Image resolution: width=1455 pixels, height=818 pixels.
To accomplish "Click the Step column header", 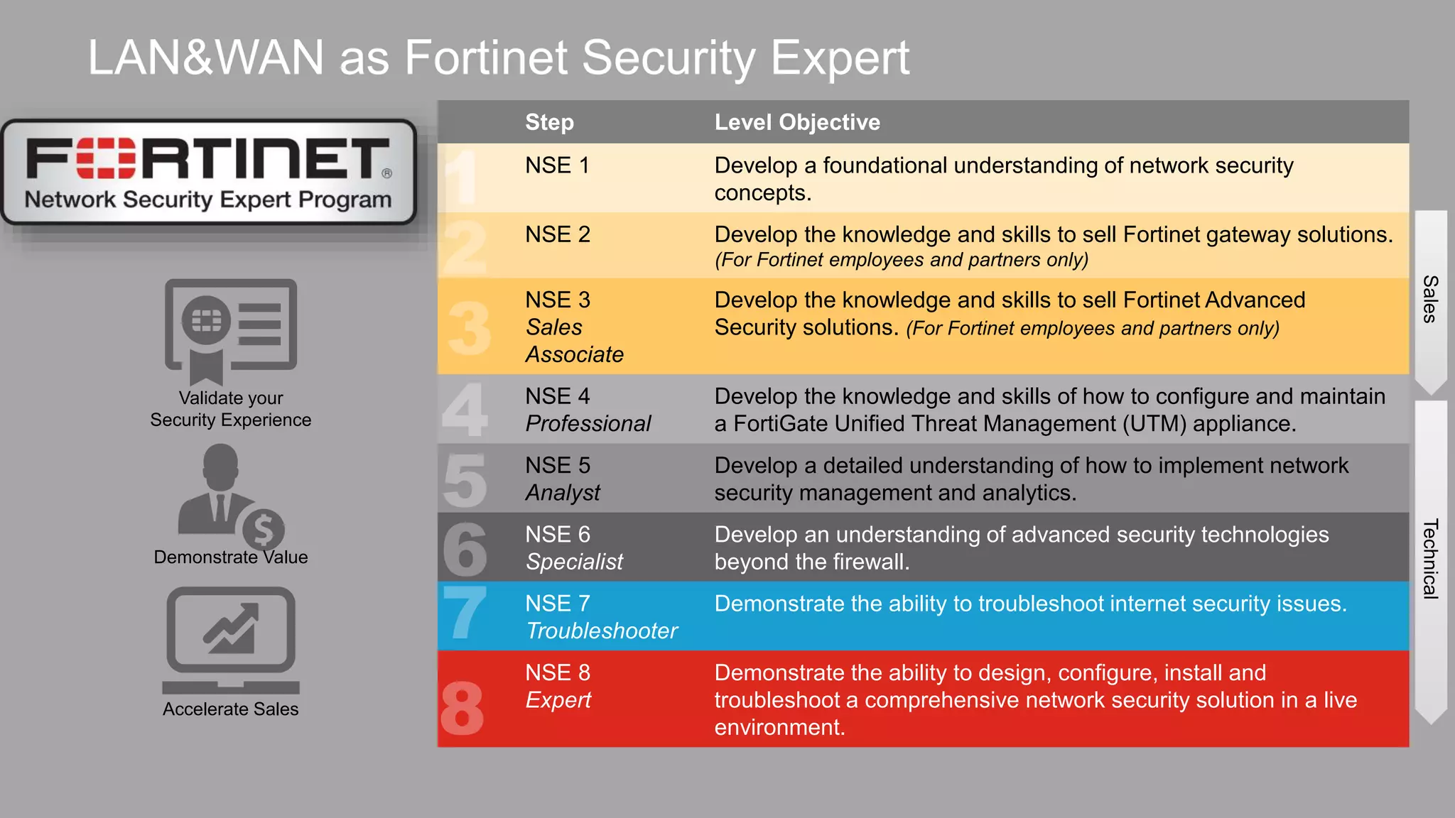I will coord(549,122).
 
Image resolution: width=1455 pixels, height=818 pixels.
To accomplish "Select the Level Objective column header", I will coord(797,122).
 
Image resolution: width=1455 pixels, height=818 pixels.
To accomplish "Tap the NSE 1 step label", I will coord(557,165).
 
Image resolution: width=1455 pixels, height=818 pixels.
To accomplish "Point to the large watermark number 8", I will coord(463,708).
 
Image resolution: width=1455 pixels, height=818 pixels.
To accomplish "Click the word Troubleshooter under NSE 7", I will coord(601,631).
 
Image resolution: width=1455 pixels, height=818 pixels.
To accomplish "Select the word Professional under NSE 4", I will coord(588,423).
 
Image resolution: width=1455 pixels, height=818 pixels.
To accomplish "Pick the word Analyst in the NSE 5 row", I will coord(563,492).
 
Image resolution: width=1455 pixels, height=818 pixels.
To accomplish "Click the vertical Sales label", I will coord(1430,299).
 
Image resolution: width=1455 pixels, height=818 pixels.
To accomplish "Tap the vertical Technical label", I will coord(1430,559).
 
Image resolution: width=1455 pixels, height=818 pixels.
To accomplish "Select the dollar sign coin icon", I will coord(264,530).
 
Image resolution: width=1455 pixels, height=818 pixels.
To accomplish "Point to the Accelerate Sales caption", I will coord(230,709).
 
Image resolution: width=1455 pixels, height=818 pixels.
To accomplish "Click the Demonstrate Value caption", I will coord(230,557).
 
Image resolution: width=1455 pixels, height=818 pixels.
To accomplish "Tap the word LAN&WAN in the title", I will coord(206,58).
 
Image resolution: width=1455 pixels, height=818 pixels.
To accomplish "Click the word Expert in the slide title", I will coord(839,58).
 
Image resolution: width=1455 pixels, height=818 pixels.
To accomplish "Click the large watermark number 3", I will coord(470,328).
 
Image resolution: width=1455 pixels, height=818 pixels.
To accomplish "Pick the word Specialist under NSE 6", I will coord(574,562).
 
